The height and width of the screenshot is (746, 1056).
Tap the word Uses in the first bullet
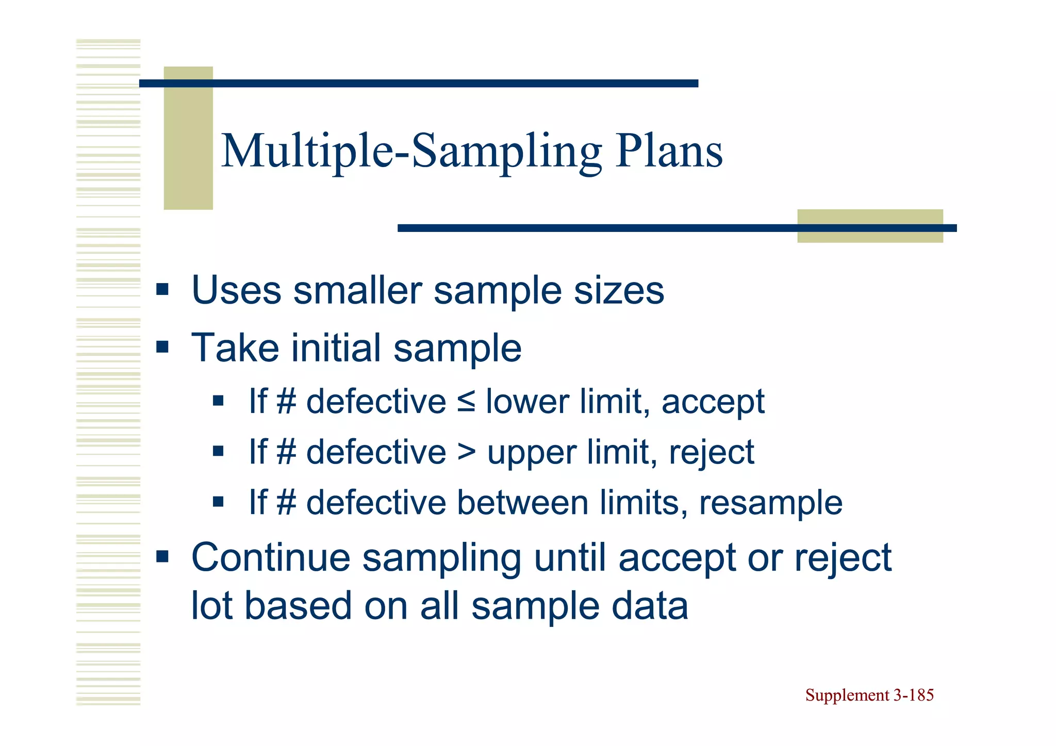(x=237, y=290)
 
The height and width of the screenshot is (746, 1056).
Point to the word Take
(x=235, y=348)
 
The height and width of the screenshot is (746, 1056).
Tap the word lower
(x=527, y=402)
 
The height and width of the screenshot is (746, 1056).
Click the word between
(x=523, y=503)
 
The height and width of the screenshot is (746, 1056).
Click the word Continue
(x=271, y=558)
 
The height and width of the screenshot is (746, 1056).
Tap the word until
(x=570, y=558)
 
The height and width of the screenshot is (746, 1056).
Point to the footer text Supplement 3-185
(x=869, y=695)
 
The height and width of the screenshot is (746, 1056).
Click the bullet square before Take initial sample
(x=162, y=347)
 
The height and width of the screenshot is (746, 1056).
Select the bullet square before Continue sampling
(x=162, y=556)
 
